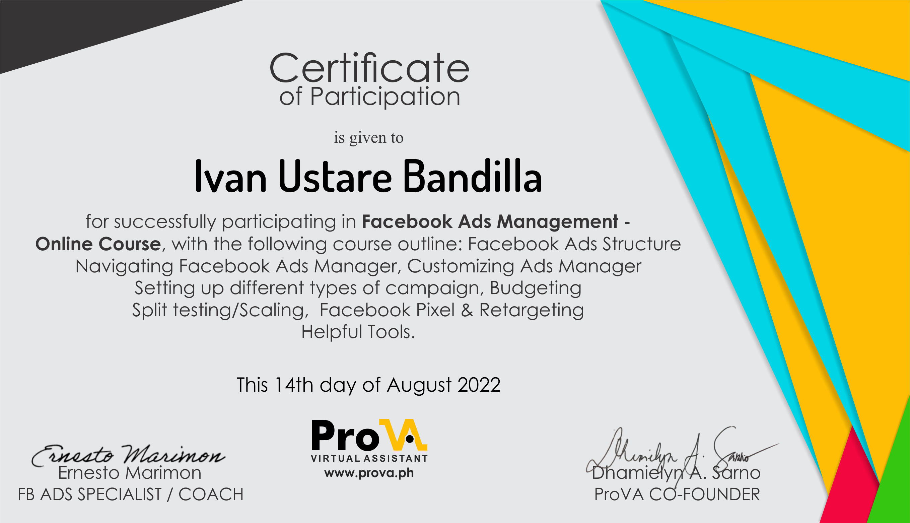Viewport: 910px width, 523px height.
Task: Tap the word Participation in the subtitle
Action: click(x=385, y=97)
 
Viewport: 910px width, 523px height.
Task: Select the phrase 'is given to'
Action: click(x=369, y=138)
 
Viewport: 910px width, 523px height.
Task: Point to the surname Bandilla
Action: click(x=472, y=176)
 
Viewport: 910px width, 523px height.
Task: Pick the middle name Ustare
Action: click(x=335, y=176)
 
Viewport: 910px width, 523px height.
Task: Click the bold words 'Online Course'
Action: click(x=98, y=244)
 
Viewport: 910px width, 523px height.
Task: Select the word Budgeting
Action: click(x=536, y=288)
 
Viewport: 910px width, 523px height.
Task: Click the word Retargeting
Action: click(x=532, y=310)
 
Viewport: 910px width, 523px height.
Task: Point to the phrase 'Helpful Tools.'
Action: click(x=358, y=332)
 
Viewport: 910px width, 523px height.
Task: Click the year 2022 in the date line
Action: click(x=479, y=385)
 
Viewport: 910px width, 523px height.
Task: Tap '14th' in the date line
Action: click(x=294, y=385)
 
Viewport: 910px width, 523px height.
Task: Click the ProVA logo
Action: click(x=369, y=440)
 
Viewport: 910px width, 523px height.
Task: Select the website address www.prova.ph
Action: click(x=369, y=473)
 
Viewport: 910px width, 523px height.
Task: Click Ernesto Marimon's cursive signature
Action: click(x=129, y=455)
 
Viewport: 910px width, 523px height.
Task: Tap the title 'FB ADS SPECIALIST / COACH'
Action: click(x=131, y=495)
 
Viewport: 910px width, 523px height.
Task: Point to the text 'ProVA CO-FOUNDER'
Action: click(x=677, y=495)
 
